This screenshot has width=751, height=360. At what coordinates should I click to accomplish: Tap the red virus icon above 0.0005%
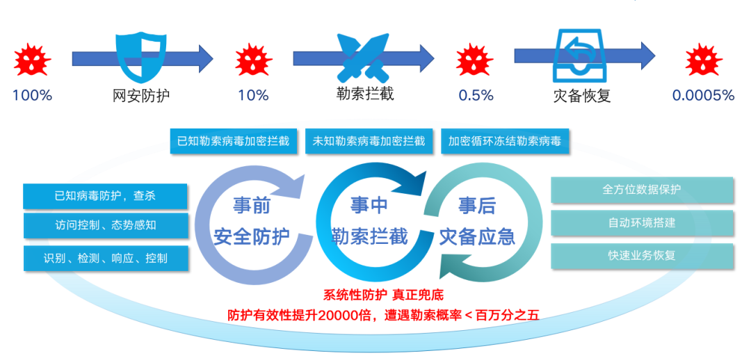tap(702, 60)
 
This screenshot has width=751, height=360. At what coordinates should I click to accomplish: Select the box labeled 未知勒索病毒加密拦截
tap(369, 141)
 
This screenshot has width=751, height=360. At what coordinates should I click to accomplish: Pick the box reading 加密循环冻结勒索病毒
tap(504, 141)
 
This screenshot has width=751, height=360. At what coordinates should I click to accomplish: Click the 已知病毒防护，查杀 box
tap(105, 196)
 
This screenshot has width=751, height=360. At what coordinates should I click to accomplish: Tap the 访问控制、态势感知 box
tap(105, 226)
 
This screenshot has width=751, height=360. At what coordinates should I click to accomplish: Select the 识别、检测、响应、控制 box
tap(105, 258)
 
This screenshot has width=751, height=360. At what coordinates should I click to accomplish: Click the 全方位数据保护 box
tap(642, 190)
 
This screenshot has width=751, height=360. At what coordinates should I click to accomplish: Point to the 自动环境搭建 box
tap(642, 223)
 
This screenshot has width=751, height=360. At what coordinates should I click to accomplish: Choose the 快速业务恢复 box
tap(642, 255)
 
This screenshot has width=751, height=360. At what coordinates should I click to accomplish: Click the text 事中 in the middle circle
tap(369, 205)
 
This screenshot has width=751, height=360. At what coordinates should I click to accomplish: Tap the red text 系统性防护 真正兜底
tap(373, 295)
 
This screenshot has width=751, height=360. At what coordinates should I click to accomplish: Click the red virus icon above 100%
tap(32, 60)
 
